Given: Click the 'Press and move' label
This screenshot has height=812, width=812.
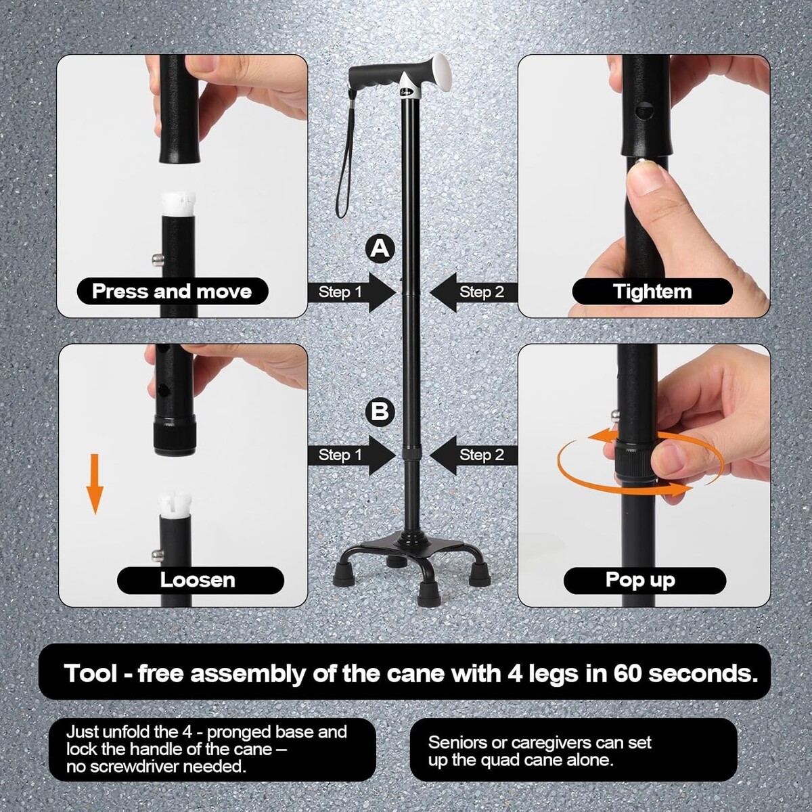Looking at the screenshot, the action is tap(172, 291).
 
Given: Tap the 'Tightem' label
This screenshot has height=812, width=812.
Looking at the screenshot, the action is tap(652, 291).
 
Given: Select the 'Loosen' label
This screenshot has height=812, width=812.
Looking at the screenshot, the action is tap(198, 580).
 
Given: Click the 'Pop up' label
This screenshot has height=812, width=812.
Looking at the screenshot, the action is tap(641, 580).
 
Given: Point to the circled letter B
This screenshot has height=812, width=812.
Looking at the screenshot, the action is tap(380, 411).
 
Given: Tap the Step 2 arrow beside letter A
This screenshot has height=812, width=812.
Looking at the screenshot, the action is tap(474, 292).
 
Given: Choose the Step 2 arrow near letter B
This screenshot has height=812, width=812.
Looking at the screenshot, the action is tap(474, 455).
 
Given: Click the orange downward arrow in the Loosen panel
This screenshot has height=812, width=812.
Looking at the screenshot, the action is tap(95, 484).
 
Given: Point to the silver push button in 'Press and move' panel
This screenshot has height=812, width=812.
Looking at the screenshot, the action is tap(156, 258).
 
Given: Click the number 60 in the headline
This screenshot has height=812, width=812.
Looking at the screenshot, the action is tap(628, 673).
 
